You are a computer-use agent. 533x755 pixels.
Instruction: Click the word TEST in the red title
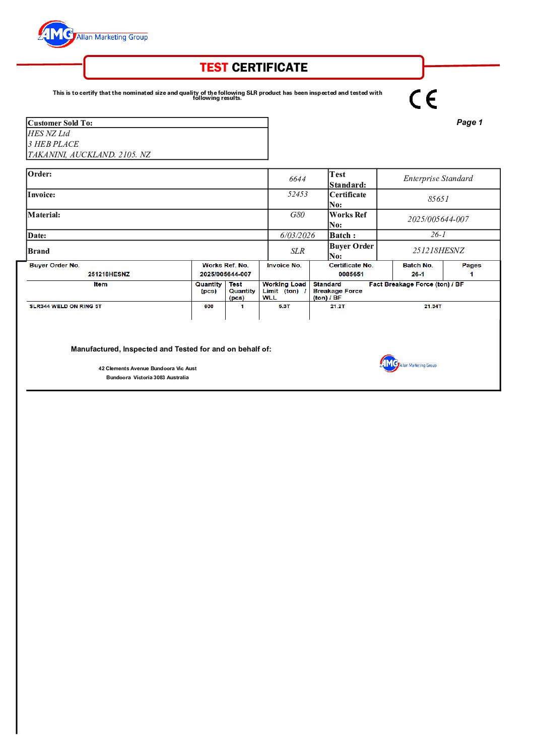pyautogui.click(x=214, y=68)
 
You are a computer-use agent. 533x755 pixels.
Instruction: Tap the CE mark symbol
pyautogui.click(x=423, y=99)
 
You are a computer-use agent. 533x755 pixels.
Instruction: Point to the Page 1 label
pyautogui.click(x=469, y=123)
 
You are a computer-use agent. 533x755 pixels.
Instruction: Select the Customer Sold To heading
pyautogui.click(x=60, y=123)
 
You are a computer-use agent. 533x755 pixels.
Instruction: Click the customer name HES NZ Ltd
pyautogui.click(x=49, y=134)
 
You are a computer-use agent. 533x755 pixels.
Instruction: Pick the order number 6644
pyautogui.click(x=297, y=179)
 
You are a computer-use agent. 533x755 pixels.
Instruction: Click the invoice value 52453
pyautogui.click(x=297, y=194)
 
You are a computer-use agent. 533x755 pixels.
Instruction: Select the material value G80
pyautogui.click(x=297, y=215)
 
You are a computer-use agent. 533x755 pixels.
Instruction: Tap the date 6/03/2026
pyautogui.click(x=297, y=236)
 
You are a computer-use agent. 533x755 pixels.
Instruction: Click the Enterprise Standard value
pyautogui.click(x=438, y=179)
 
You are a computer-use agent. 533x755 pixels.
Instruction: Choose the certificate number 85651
pyautogui.click(x=438, y=199)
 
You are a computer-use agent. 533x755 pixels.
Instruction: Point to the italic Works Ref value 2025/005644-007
pyautogui.click(x=438, y=219)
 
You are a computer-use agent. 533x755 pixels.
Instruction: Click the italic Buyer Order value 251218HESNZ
pyautogui.click(x=438, y=251)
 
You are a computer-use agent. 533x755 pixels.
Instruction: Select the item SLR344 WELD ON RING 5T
pyautogui.click(x=65, y=307)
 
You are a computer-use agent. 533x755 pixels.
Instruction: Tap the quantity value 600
pyautogui.click(x=209, y=307)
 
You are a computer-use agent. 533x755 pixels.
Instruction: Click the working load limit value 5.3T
pyautogui.click(x=284, y=307)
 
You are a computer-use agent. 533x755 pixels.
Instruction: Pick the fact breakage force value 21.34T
pyautogui.click(x=432, y=307)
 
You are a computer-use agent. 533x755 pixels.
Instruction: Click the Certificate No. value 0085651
pyautogui.click(x=351, y=274)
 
